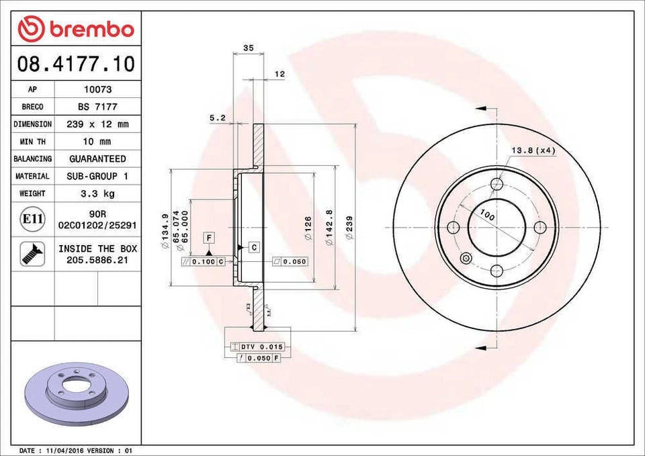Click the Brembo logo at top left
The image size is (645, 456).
[x=76, y=29]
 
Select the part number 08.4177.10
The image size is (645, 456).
[x=76, y=64]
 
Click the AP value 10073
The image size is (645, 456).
[x=97, y=89]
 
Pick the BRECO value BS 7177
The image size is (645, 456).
[x=97, y=107]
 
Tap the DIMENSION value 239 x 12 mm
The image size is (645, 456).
[x=97, y=124]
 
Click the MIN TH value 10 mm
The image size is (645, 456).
[x=97, y=142]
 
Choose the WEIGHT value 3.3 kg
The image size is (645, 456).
[x=97, y=193]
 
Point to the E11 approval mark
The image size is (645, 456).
[x=32, y=219]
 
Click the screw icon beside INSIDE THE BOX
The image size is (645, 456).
[x=32, y=254]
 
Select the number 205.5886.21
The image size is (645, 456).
[x=97, y=259]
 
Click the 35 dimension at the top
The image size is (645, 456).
[x=248, y=48]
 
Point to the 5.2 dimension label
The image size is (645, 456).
[x=217, y=118]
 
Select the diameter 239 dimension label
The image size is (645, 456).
[x=349, y=228]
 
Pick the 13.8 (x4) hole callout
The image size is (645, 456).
[x=533, y=150]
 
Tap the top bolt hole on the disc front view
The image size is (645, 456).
[x=497, y=184]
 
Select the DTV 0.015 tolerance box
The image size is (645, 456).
[x=258, y=347]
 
